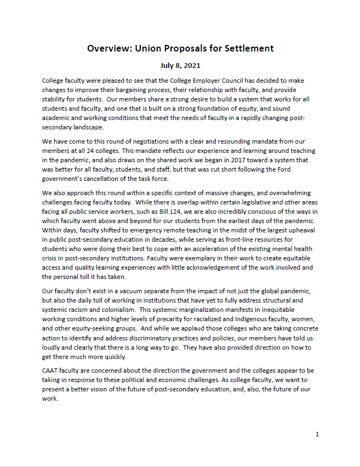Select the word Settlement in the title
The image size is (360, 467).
(x=247, y=48)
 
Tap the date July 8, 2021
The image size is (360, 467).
(x=180, y=66)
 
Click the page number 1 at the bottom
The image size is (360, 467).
(x=317, y=434)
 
